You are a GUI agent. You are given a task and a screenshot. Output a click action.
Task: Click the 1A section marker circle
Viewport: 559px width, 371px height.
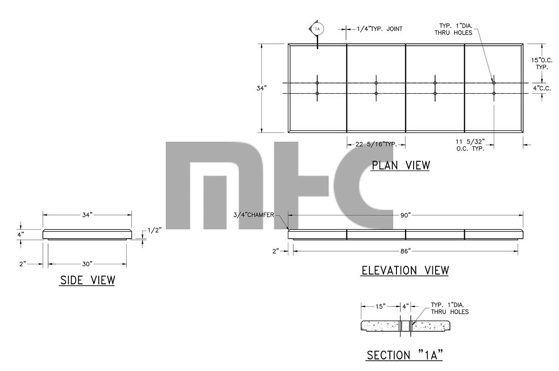tap(318, 29)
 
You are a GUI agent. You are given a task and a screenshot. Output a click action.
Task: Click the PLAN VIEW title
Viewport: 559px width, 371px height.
tap(400, 165)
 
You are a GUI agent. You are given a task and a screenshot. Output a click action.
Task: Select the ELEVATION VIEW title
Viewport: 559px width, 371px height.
tap(405, 270)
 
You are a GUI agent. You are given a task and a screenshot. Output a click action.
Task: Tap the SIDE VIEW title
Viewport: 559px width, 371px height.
tap(87, 280)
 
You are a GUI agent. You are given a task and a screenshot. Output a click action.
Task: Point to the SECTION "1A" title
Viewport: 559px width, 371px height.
tap(404, 355)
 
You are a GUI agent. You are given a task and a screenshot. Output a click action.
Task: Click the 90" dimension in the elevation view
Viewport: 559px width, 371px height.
tap(405, 215)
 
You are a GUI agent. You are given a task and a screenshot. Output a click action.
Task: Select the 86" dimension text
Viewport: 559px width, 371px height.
tap(405, 251)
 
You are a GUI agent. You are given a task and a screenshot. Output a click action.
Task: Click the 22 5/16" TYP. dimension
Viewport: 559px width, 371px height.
tap(376, 144)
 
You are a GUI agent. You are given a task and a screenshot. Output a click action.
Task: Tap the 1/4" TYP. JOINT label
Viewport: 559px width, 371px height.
tap(379, 29)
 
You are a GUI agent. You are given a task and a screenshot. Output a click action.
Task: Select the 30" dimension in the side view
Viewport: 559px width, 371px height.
tap(87, 264)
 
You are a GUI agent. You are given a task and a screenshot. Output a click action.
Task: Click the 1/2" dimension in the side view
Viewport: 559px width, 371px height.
tap(155, 230)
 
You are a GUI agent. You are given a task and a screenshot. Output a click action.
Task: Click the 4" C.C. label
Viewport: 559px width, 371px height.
tap(542, 88)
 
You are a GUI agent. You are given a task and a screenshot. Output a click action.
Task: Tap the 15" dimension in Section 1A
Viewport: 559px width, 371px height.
tap(381, 306)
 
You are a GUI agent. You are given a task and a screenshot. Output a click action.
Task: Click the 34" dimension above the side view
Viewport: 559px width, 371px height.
tap(87, 214)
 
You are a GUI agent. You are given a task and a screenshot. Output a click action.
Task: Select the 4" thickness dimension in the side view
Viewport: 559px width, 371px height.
tap(20, 235)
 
